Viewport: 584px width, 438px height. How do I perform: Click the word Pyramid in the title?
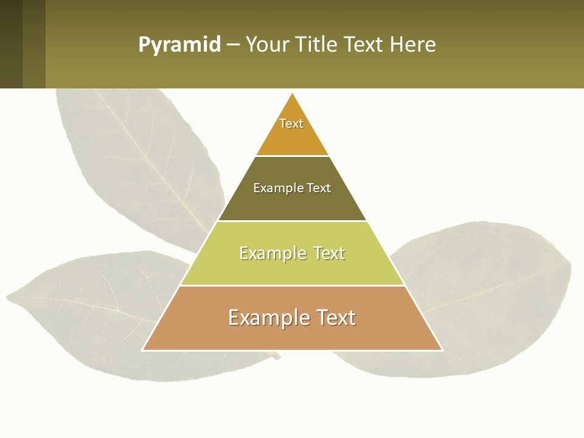(179, 45)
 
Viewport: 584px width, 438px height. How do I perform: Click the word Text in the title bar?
(364, 45)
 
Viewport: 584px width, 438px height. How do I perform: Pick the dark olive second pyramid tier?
(292, 204)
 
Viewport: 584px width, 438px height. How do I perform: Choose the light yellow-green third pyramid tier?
(292, 268)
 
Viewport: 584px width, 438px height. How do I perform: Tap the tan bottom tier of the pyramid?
(292, 335)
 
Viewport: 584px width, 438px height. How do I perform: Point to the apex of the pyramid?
(293, 94)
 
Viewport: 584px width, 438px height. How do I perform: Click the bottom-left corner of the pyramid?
(143, 350)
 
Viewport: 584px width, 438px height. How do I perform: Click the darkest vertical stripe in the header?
(11, 44)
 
